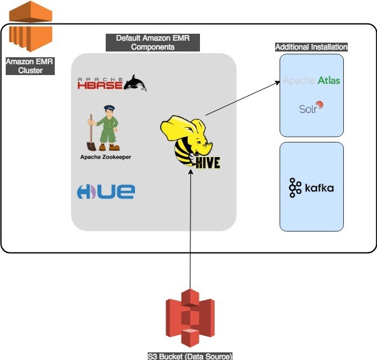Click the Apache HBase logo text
(x=100, y=83)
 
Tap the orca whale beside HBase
(x=135, y=83)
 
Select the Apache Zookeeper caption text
(x=106, y=157)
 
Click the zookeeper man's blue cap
(x=110, y=108)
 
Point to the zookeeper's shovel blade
(x=91, y=146)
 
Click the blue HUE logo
(x=106, y=191)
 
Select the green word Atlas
(x=329, y=80)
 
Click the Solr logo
(x=311, y=107)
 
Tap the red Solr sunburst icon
(x=320, y=105)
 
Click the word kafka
(x=319, y=188)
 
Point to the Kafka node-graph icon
(x=295, y=188)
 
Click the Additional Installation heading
(x=311, y=47)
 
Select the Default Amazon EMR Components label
(x=153, y=43)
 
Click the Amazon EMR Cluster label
(x=30, y=66)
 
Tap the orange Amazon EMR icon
(x=31, y=26)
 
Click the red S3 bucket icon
(x=190, y=318)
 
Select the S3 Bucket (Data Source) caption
(x=190, y=356)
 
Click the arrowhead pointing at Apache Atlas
(x=278, y=83)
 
